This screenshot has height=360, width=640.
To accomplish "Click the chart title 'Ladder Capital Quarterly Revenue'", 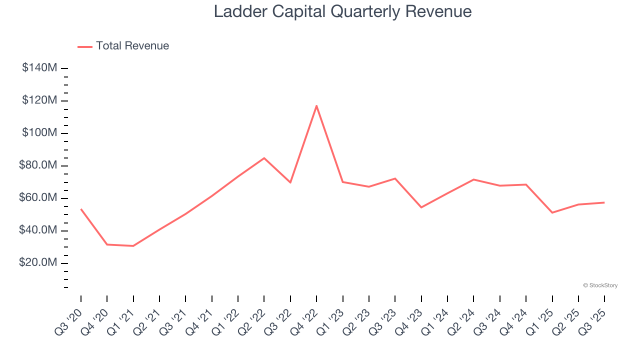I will [x=342, y=11].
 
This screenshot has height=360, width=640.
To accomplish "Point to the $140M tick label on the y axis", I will [x=39, y=68].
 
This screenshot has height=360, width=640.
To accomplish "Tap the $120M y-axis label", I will [x=39, y=100].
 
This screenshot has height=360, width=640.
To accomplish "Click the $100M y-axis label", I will [x=39, y=133].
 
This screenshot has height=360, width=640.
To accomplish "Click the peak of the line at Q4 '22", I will [x=316, y=105].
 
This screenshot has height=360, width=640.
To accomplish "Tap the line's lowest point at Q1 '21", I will [x=133, y=246].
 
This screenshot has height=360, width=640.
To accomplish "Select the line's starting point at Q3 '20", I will [x=81, y=209].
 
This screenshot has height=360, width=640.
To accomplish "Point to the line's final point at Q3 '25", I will [x=604, y=202].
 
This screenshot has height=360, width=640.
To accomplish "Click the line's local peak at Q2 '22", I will [x=264, y=158].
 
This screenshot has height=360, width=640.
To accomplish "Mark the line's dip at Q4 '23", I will [x=421, y=207].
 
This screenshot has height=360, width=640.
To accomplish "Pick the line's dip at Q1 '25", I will [x=552, y=213].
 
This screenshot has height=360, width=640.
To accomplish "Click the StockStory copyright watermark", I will [x=600, y=285].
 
